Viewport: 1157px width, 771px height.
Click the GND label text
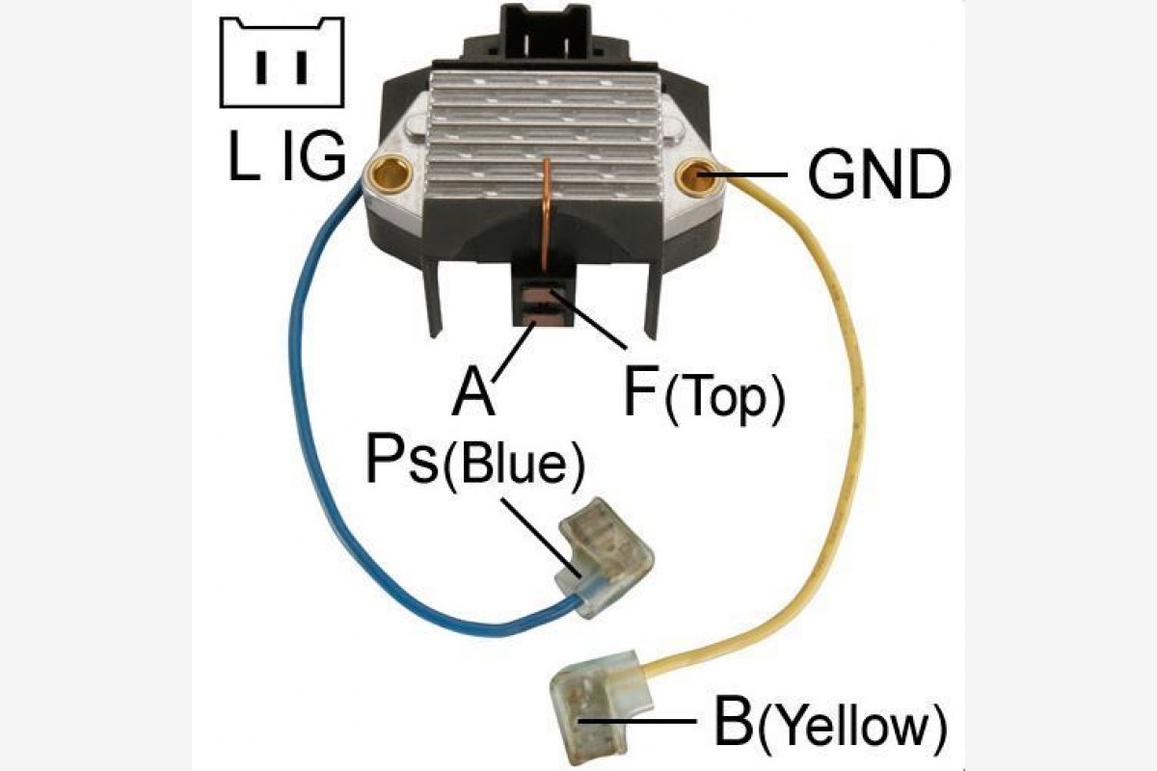879,174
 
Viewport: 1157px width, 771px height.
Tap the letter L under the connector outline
244,155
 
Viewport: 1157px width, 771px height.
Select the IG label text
313,155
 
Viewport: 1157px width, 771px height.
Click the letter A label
473,390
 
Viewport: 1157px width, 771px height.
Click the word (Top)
724,399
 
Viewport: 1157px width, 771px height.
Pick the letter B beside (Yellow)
734,720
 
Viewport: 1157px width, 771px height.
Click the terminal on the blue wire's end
605,557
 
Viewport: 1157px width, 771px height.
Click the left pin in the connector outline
262,67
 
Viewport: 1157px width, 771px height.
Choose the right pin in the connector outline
302,67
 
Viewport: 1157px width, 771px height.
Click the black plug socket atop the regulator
547,32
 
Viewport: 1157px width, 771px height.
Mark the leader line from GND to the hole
742,174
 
